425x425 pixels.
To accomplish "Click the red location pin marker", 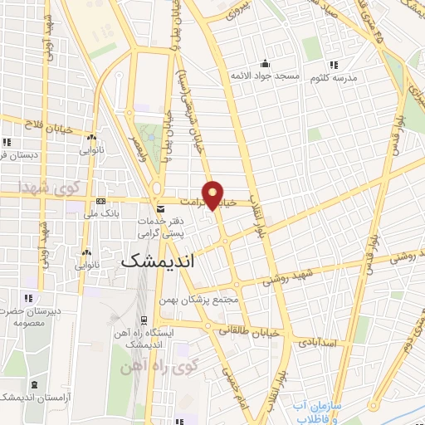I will point(213,195).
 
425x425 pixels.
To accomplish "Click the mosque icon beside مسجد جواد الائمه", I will point(265,63).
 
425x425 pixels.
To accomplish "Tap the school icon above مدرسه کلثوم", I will point(334,65).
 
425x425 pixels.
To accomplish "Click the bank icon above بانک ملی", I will point(101,201).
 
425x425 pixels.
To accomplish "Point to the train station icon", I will point(144,320).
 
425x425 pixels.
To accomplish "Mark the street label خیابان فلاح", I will point(50,125).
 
